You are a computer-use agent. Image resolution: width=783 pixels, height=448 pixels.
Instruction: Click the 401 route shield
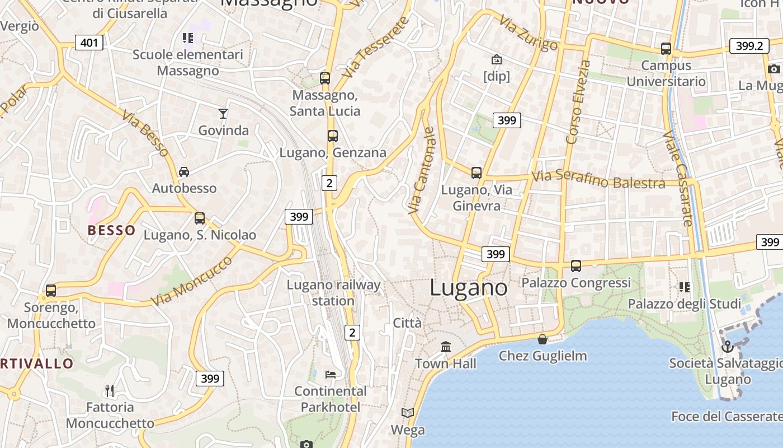(x=89, y=43)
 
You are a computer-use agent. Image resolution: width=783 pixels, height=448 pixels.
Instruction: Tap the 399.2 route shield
(x=749, y=46)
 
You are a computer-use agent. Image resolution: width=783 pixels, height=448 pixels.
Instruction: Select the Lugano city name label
(x=469, y=288)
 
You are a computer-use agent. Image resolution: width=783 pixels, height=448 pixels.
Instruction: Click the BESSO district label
(x=112, y=230)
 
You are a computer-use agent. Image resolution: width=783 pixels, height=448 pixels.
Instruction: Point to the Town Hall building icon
(x=446, y=347)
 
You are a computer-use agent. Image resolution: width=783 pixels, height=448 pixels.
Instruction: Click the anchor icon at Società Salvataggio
(x=727, y=347)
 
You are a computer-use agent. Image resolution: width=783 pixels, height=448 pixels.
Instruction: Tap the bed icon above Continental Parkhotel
(x=331, y=374)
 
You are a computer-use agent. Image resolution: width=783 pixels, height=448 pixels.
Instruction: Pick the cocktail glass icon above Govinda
(x=223, y=114)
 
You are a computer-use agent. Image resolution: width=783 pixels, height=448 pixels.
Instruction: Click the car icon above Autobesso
(x=184, y=171)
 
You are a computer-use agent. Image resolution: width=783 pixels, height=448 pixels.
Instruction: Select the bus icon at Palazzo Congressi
(x=576, y=266)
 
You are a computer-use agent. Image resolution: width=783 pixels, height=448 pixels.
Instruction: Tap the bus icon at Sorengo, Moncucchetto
(x=51, y=291)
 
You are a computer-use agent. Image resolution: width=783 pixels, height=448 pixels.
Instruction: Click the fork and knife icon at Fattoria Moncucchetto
(x=110, y=390)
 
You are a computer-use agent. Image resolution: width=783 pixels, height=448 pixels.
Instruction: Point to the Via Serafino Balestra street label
(x=598, y=180)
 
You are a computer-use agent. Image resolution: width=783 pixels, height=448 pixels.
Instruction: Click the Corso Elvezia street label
(x=578, y=102)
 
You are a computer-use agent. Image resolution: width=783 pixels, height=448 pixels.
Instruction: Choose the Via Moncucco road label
(x=191, y=281)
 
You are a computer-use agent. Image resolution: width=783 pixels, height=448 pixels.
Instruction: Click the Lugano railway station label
(x=333, y=293)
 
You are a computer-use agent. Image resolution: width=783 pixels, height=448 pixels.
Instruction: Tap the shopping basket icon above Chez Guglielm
(x=543, y=339)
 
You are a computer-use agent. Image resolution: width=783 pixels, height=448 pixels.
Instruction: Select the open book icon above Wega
(x=408, y=413)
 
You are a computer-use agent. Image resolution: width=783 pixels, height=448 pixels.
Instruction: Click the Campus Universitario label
(x=666, y=73)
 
